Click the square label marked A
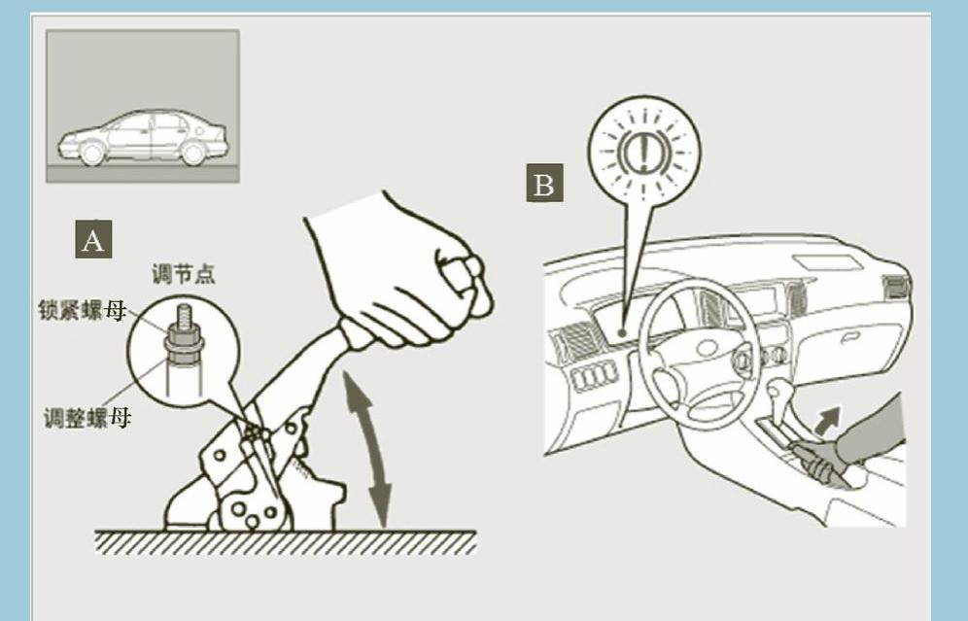[93, 239]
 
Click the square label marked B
[544, 183]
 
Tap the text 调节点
[184, 273]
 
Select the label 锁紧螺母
[82, 310]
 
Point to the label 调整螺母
[87, 418]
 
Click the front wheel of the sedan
[92, 153]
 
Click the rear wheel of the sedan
[193, 153]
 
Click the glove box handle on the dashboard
[850, 337]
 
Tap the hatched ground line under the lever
[285, 541]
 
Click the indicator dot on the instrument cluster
[622, 332]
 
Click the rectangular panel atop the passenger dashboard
[827, 263]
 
